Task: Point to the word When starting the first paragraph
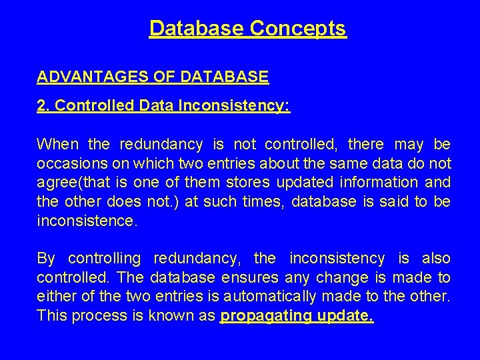point(57,144)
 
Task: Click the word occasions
point(71,163)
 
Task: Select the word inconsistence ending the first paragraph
point(87,221)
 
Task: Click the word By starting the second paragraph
point(47,258)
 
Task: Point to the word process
point(93,315)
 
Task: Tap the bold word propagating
point(265,315)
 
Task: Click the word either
point(57,296)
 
